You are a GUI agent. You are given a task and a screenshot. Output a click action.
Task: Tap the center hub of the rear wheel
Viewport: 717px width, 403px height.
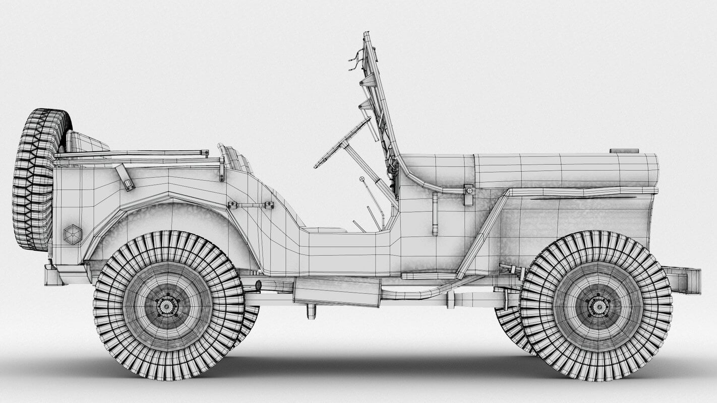click(x=168, y=305)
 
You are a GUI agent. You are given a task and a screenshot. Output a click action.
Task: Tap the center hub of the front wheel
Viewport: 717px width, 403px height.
click(x=597, y=305)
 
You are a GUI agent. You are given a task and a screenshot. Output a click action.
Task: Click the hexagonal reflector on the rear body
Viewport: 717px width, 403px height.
click(x=73, y=234)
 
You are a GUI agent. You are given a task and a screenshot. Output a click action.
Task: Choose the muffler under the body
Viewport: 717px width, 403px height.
click(x=336, y=292)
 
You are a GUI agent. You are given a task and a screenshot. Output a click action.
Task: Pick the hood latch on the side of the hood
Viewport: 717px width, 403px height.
click(x=469, y=194)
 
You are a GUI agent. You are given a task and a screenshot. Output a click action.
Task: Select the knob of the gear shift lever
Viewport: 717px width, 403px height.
click(x=362, y=178)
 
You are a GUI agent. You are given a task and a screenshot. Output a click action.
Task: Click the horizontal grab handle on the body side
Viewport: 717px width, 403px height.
click(x=250, y=205)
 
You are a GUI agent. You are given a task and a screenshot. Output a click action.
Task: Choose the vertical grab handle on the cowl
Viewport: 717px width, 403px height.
click(x=435, y=214)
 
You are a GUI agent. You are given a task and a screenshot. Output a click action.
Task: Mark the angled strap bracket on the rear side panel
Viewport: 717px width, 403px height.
click(x=125, y=177)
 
